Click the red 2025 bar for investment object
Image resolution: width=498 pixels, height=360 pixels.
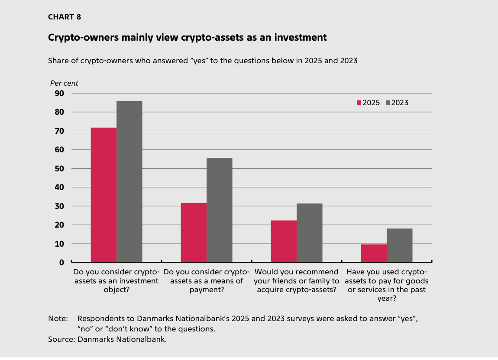click(103, 195)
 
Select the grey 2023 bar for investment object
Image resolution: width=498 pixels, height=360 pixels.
click(129, 182)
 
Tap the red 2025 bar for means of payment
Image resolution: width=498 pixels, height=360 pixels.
click(194, 232)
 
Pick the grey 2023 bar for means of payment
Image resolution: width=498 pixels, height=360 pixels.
click(220, 210)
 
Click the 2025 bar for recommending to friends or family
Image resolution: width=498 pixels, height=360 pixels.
click(284, 241)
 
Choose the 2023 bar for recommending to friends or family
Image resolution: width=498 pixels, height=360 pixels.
click(310, 233)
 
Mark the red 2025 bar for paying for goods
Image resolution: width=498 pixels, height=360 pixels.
click(374, 253)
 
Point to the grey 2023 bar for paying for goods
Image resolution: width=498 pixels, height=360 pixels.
click(400, 245)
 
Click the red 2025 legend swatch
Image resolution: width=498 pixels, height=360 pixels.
click(359, 103)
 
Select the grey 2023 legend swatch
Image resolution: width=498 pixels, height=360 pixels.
click(388, 103)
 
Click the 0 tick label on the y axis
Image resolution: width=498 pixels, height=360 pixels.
click(61, 262)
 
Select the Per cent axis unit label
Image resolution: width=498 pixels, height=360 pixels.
click(64, 83)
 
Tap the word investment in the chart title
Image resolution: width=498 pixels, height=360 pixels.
click(300, 38)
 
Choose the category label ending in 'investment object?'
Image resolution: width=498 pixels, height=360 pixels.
click(116, 281)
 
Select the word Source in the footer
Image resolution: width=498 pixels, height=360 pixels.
click(61, 339)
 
